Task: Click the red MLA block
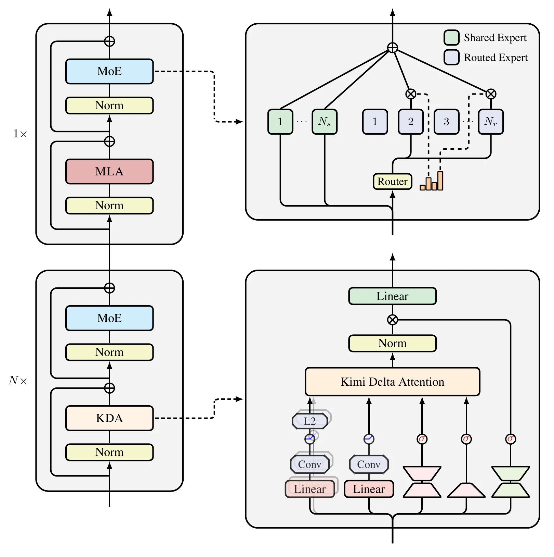point(109,171)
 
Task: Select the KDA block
point(109,418)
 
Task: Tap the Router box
point(393,181)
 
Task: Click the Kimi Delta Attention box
point(393,382)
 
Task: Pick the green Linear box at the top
point(393,296)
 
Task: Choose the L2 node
point(310,421)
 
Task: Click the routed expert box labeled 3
point(447,122)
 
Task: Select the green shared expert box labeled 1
point(280,122)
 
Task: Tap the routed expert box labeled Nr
point(491,122)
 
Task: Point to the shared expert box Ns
point(325,122)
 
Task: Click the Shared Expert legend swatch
point(451,37)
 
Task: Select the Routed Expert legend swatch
point(451,57)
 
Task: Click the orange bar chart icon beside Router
point(432,181)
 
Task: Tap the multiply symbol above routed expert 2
point(411,94)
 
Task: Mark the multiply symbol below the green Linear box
point(393,320)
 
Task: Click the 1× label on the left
point(20,134)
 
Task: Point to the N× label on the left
point(18,381)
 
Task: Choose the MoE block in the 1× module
point(109,71)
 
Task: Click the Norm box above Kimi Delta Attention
point(393,343)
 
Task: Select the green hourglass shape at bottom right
point(511,482)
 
